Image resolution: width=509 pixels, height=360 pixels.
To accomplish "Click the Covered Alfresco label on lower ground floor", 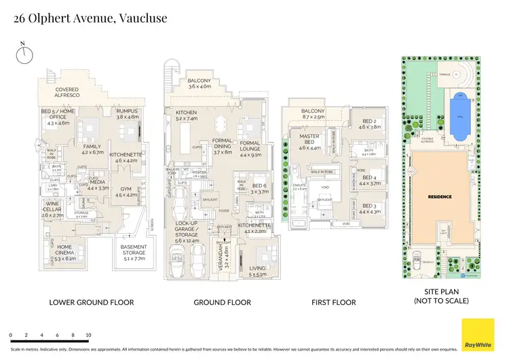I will pos(68,93).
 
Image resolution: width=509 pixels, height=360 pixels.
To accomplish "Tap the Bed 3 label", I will pos(369,208).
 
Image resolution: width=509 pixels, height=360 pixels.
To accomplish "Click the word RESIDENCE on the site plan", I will pos(441,196).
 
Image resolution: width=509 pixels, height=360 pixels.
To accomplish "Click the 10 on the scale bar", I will pos(88,336).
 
